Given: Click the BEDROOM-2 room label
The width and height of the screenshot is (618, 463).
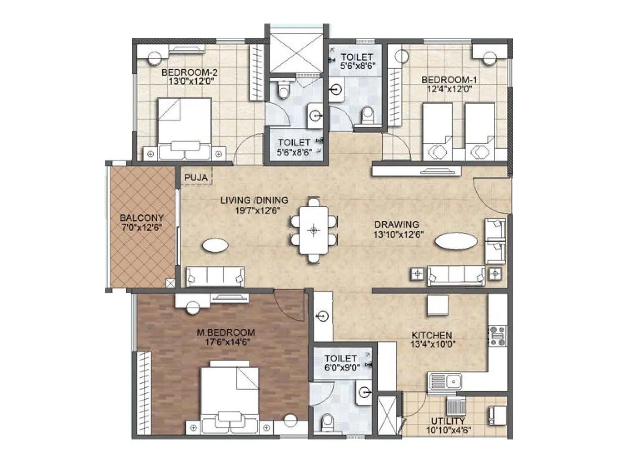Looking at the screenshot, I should coord(189,73).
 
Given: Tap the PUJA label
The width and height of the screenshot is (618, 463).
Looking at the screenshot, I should coord(196,178).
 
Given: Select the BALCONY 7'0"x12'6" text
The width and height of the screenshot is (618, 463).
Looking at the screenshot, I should coord(142,223).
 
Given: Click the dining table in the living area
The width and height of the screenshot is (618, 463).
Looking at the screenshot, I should coord(313,230).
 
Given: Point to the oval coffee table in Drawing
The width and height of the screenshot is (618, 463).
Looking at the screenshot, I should coord(456,242).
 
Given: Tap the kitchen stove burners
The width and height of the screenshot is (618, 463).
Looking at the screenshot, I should coord(497,336).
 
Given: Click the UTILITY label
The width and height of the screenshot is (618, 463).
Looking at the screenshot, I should coord(448,421).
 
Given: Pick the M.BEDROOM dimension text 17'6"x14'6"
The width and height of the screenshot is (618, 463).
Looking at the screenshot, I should coord(228,342).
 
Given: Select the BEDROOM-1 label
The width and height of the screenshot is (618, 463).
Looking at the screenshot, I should coord(449,80).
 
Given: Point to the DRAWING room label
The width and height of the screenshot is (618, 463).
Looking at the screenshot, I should coord(397,224).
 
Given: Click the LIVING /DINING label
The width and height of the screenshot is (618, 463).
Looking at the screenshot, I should coord(254,200).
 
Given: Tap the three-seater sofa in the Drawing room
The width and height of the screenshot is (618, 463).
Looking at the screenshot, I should coord(456,275).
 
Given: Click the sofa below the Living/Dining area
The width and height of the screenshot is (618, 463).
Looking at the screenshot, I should coord(215,276).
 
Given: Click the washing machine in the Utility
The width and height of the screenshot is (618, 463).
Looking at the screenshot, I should coord(496,415).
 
